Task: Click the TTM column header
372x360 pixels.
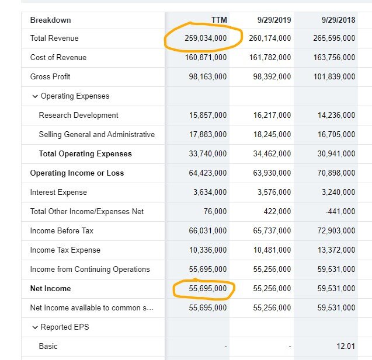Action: (x=219, y=20)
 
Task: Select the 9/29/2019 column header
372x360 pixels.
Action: (x=274, y=20)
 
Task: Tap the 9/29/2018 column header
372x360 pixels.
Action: (x=338, y=20)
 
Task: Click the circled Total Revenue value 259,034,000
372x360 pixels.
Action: (x=206, y=38)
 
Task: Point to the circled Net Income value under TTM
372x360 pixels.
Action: (x=208, y=288)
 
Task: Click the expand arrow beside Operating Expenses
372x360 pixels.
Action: (x=35, y=96)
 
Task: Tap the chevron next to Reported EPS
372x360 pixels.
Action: (x=35, y=327)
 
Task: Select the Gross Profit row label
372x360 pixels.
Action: (x=50, y=76)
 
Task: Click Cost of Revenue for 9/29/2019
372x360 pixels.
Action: (x=270, y=57)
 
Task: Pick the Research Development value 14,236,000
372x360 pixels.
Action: (x=336, y=115)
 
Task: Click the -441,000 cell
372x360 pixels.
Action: (x=340, y=211)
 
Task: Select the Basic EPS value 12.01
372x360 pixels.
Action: (x=346, y=346)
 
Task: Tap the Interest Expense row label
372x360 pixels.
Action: (x=58, y=192)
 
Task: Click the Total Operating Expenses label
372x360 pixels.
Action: (x=85, y=153)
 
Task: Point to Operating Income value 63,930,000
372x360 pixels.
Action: (x=272, y=173)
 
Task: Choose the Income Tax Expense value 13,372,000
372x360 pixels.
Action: (x=336, y=250)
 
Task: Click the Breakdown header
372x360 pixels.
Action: (x=51, y=20)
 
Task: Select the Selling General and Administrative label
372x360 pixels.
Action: (x=97, y=134)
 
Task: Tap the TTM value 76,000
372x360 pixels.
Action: (x=215, y=211)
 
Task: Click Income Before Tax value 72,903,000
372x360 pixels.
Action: (x=336, y=230)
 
